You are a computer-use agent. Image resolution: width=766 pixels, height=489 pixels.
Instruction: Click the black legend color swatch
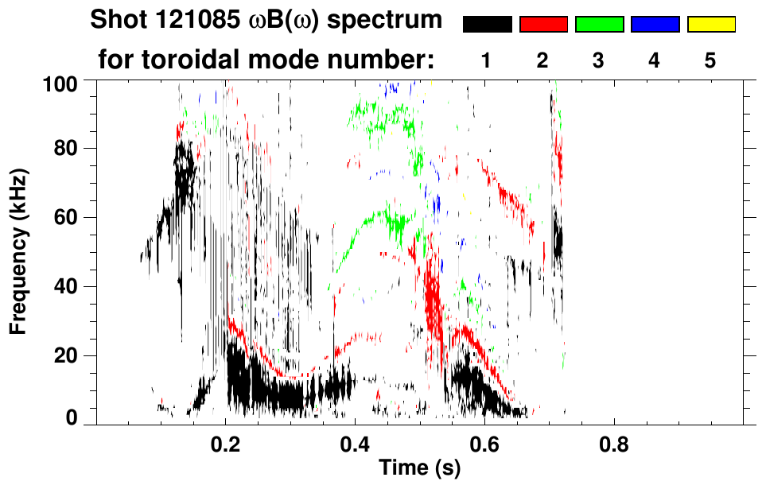pos(488,25)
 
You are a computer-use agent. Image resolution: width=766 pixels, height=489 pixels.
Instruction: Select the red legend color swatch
pos(543,25)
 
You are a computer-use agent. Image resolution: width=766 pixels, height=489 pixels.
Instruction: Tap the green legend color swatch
pos(599,25)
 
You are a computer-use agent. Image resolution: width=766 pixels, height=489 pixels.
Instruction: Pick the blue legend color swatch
pos(655,25)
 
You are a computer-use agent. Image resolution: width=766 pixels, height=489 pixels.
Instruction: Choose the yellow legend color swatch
pos(710,25)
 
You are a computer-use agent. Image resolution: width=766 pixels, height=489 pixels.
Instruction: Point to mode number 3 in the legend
pos(598,61)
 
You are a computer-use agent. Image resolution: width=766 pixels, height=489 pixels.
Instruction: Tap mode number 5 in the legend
pos(710,61)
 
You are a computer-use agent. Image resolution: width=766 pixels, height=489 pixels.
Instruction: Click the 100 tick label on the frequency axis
pos(60,83)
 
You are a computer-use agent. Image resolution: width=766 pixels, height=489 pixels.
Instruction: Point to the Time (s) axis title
pos(418,469)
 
